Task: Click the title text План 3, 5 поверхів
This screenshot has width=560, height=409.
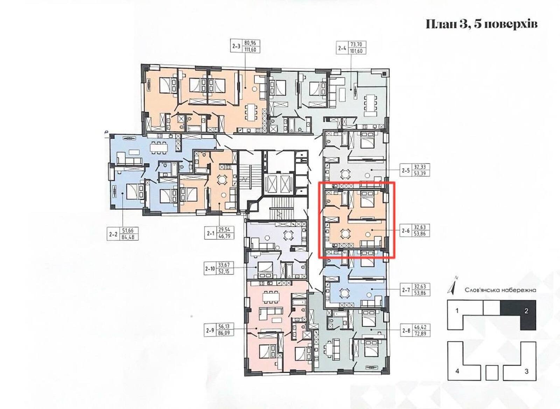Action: pyautogui.click(x=482, y=24)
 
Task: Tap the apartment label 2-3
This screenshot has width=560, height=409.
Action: pyautogui.click(x=236, y=46)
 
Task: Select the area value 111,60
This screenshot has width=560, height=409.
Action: pyautogui.click(x=250, y=49)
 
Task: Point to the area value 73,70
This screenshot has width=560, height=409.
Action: pyautogui.click(x=355, y=45)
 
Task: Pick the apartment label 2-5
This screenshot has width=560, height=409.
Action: pyautogui.click(x=406, y=170)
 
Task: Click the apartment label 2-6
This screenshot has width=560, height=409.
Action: pyautogui.click(x=406, y=231)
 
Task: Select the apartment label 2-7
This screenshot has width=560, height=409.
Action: pyautogui.click(x=406, y=290)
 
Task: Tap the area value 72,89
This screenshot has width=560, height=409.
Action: pyautogui.click(x=420, y=334)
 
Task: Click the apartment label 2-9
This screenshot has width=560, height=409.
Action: pyautogui.click(x=210, y=330)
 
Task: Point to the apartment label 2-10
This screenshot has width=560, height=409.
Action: pyautogui.click(x=210, y=268)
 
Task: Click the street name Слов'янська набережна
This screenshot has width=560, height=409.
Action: pyautogui.click(x=500, y=290)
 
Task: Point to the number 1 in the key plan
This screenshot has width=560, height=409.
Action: pyautogui.click(x=457, y=311)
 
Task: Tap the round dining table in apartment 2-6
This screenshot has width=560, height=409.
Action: pyautogui.click(x=345, y=234)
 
